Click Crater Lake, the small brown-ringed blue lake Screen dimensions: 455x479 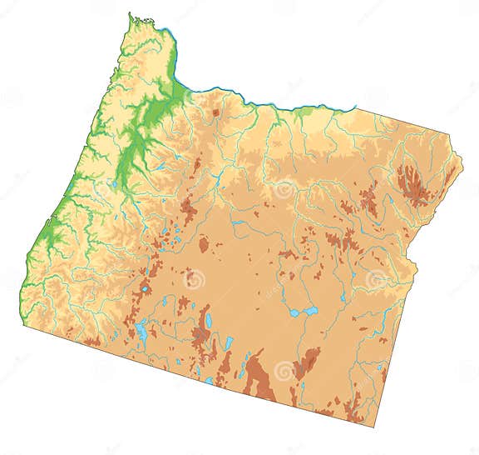[x=146, y=289]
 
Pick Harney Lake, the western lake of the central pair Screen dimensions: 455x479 [x=294, y=313]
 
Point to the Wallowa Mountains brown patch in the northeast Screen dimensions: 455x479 [x=412, y=186]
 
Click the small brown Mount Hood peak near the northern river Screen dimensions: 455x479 [x=215, y=112]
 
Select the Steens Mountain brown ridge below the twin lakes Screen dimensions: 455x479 [x=305, y=363]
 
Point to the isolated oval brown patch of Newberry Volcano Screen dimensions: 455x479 [x=204, y=244]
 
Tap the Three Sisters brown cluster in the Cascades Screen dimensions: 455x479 [x=187, y=208]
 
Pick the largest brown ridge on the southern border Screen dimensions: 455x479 [x=259, y=379]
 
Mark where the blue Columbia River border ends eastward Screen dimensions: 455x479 [x=356, y=107]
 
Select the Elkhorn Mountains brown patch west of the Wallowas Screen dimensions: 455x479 [x=368, y=200]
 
